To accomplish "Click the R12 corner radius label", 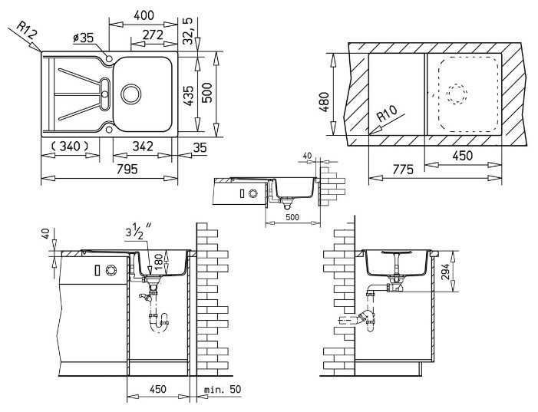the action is tap(27, 30).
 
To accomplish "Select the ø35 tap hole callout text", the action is tap(84, 38).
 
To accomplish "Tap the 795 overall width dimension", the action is tap(127, 169).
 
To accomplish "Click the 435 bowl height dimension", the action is tap(188, 95).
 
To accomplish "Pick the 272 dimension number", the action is tap(153, 35).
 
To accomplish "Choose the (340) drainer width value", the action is tap(70, 147).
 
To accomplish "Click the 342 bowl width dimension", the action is tap(143, 147).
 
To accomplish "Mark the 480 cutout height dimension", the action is tap(324, 102).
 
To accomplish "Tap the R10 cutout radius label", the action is tap(387, 113).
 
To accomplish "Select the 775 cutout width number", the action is tap(403, 170).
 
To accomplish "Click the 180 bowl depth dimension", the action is tap(158, 262).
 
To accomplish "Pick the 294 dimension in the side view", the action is tap(445, 272).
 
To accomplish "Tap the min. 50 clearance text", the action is tap(223, 389).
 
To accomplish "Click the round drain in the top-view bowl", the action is tap(130, 94).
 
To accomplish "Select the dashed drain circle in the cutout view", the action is tap(457, 94).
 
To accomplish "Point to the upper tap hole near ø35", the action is tap(109, 58).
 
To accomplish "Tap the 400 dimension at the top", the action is tap(144, 15).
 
